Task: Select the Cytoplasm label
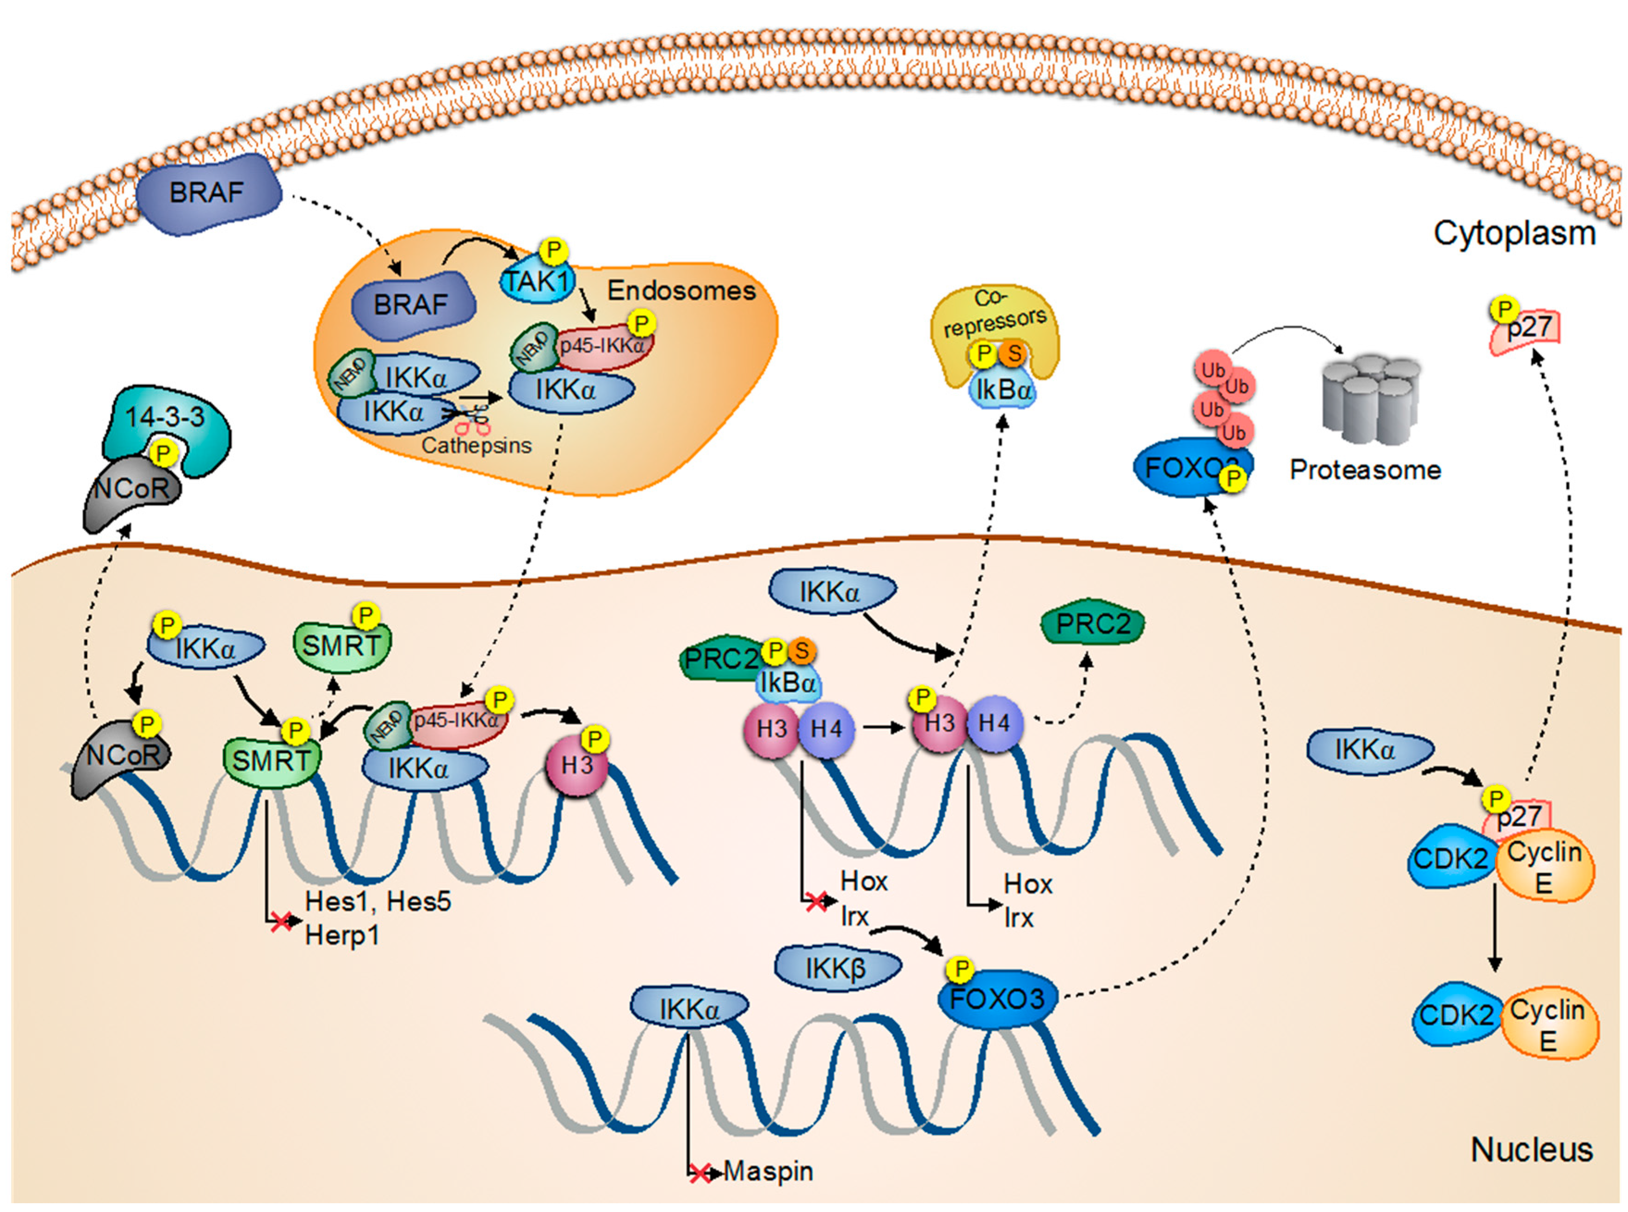1514,233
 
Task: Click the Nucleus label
1531,1149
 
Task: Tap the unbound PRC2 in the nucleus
1092,625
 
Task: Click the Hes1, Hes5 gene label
378,901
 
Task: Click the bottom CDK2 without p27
1455,1016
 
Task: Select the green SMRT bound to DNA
271,761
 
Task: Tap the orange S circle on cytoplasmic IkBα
1014,354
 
